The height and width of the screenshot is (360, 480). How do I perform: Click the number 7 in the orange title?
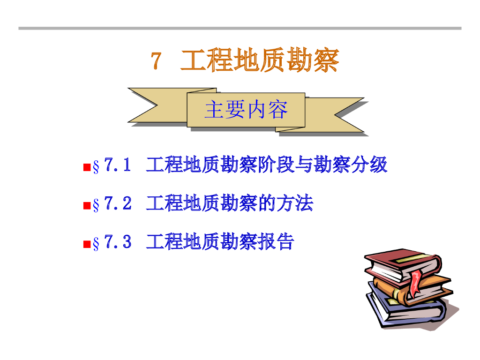pos(157,61)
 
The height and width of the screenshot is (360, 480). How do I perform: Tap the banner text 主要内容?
pos(246,110)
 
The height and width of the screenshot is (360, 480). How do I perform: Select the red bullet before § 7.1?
pos(86,167)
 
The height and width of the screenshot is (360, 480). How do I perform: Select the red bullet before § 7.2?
pos(86,205)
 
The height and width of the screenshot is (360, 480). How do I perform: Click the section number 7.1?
pos(117,165)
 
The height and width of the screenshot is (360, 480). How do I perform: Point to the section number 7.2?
pos(117,203)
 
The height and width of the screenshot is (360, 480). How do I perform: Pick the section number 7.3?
pos(117,242)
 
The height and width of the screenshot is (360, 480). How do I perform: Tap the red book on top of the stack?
pos(398,262)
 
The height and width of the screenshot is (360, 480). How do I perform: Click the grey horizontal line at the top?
pos(240,28)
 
